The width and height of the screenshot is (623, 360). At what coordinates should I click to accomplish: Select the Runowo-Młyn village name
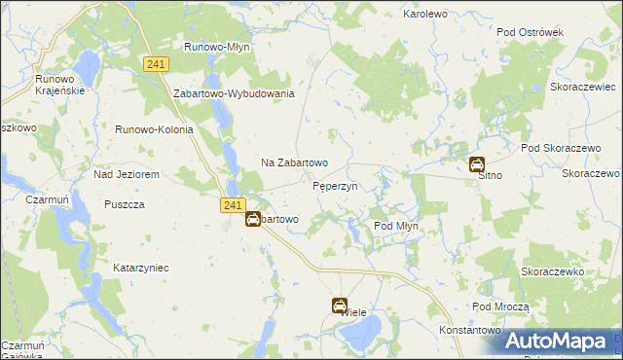tap(218, 46)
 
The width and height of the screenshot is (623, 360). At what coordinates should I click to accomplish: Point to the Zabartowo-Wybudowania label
tap(234, 93)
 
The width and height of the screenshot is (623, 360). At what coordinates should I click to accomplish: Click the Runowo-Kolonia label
tap(155, 129)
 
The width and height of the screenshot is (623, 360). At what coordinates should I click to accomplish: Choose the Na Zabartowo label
tap(294, 162)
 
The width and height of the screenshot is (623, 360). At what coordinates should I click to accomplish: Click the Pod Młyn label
tap(396, 226)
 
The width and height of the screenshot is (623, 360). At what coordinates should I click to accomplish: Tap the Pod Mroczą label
tap(500, 306)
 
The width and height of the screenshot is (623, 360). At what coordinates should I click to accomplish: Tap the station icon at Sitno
tap(477, 164)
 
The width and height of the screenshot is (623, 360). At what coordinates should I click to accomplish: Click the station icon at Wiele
tap(340, 306)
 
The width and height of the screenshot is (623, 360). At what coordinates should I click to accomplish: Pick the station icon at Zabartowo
tap(252, 220)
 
